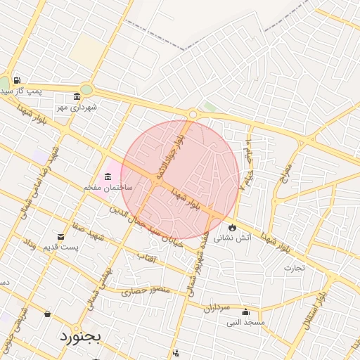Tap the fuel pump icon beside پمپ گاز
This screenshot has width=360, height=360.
16,80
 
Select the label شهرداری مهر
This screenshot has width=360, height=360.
77,108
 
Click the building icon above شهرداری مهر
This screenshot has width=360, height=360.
77,97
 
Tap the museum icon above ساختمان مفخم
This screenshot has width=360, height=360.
108,176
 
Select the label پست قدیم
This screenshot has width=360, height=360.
61,247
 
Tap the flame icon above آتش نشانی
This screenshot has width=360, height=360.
231,227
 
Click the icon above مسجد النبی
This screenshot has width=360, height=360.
245,312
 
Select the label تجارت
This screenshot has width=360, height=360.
292,267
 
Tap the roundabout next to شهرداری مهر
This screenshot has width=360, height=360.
86,89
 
